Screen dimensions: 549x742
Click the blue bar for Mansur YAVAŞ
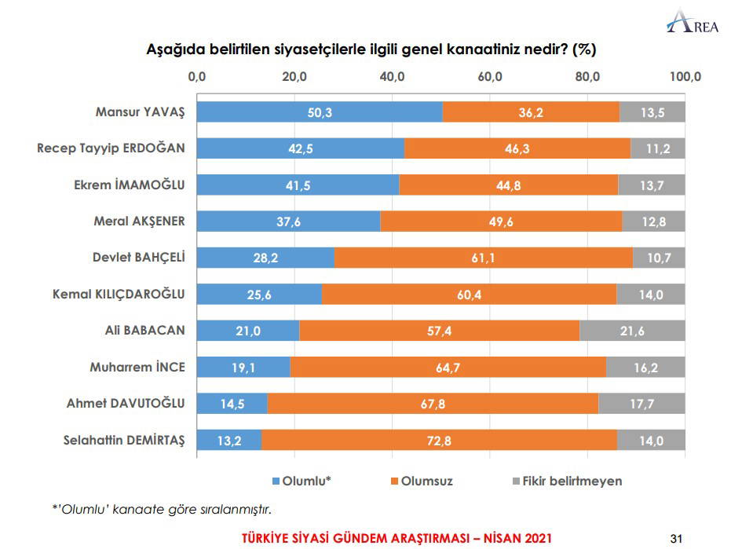coord(319,112)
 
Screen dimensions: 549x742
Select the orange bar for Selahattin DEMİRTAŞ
coord(439,441)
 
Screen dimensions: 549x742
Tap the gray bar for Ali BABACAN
coord(632,331)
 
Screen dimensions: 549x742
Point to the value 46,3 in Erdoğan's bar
coord(517,148)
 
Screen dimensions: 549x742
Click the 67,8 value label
coord(433,404)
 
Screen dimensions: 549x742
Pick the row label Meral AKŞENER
coord(139,221)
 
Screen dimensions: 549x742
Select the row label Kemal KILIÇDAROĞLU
coord(119,294)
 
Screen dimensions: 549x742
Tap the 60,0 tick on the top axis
coord(490,76)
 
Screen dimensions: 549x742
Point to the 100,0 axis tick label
coord(685,76)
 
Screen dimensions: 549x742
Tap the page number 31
coord(678,538)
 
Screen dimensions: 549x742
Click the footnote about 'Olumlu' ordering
coord(161,510)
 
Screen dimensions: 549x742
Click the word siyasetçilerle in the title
coord(357,50)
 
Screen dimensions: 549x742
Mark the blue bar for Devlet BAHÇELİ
coord(265,258)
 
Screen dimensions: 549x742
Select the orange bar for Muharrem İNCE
coord(448,368)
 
